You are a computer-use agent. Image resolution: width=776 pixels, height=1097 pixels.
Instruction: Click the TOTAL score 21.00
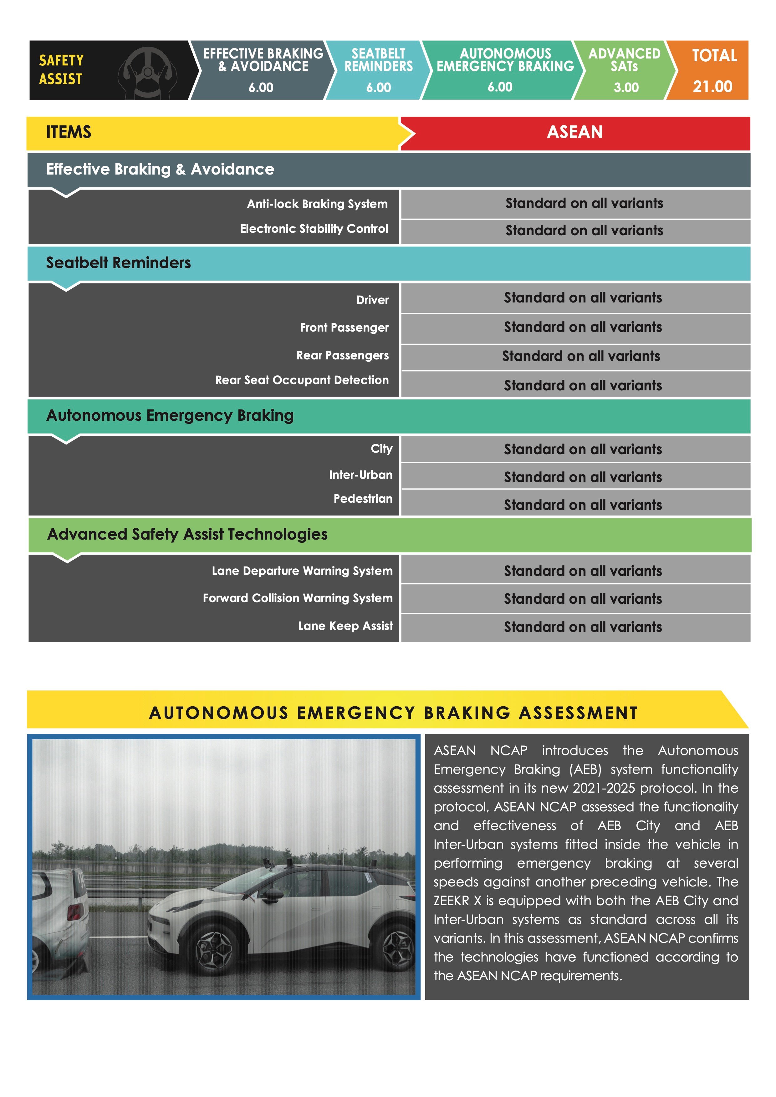tap(712, 86)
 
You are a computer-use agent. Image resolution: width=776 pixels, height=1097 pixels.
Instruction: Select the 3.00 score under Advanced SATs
tap(626, 88)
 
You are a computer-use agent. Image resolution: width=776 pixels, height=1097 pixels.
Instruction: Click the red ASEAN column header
tap(575, 132)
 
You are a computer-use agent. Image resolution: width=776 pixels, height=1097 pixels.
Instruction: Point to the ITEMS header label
tap(68, 132)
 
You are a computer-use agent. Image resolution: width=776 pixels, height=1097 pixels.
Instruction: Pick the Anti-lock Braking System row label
tap(317, 204)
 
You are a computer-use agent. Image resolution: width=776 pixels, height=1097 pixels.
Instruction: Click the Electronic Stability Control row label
tap(314, 229)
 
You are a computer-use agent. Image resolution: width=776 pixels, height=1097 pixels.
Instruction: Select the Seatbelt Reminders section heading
tap(119, 263)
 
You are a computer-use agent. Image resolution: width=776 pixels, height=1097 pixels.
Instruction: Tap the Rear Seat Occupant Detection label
tap(302, 380)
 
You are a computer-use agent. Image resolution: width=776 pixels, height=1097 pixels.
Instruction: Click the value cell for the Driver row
tap(583, 298)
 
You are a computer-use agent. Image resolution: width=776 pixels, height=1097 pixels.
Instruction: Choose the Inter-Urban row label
tap(361, 475)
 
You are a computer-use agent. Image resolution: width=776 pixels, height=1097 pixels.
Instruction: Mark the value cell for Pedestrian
tap(583, 505)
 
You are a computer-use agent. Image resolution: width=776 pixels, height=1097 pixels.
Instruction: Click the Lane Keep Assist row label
tap(345, 626)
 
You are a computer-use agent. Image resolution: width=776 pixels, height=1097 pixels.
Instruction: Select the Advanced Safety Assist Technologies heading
tap(187, 534)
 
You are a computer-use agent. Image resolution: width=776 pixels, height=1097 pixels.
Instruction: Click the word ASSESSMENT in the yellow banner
tap(578, 713)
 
